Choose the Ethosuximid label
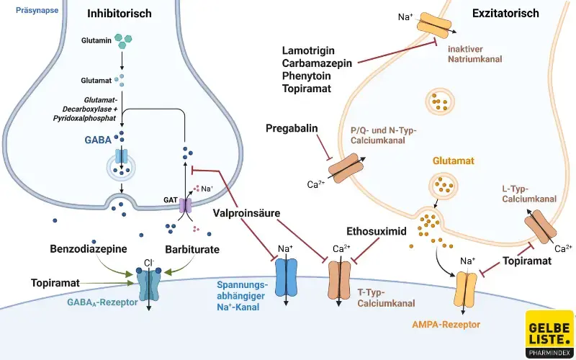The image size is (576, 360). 377,232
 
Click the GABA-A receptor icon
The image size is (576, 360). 149,285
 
